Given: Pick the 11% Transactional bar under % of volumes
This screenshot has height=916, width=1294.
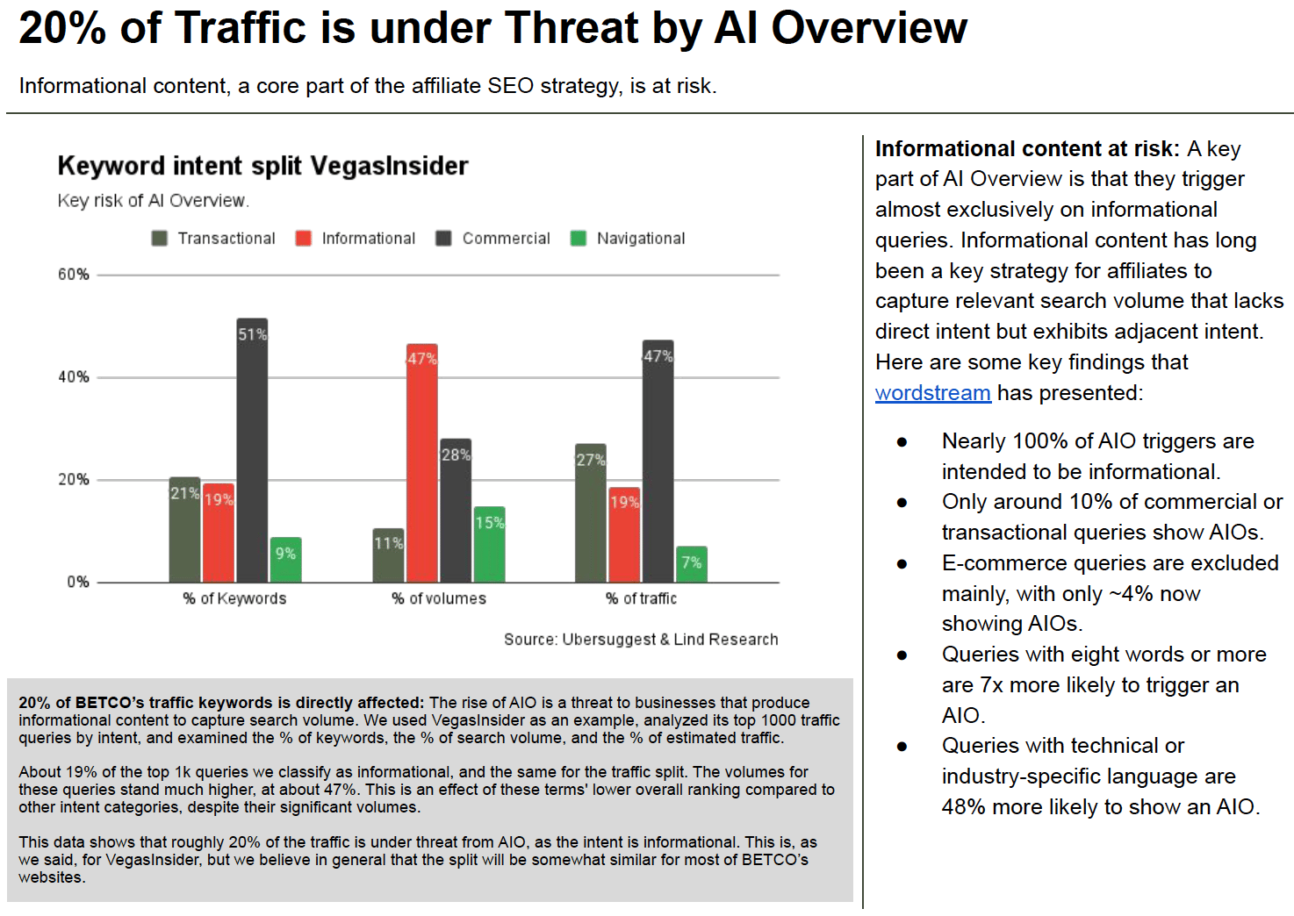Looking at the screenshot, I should (388, 555).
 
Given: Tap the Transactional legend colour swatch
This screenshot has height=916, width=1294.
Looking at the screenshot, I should (160, 239).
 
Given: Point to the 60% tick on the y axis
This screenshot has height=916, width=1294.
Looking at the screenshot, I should (74, 275).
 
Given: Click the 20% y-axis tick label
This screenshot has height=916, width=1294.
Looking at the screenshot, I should (74, 480).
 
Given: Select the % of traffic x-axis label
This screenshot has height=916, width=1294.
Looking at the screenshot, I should (641, 598).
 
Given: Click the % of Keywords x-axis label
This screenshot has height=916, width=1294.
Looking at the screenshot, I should (234, 598).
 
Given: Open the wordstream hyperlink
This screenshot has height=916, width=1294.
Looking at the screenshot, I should (932, 393).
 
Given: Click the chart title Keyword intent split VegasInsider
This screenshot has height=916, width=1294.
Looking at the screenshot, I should (262, 166).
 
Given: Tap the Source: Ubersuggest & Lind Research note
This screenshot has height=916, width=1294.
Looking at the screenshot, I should (641, 640).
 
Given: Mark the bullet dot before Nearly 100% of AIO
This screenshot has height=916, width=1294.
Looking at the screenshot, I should (902, 441).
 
